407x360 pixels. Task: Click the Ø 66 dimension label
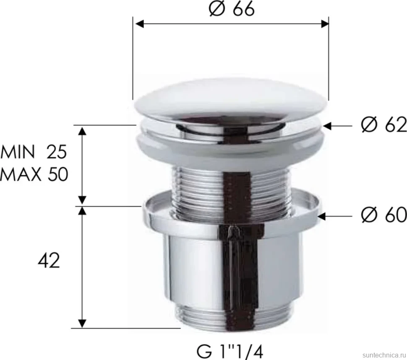(x=232, y=9)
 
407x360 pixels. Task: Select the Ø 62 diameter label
(x=384, y=125)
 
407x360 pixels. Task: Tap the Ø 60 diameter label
(x=384, y=215)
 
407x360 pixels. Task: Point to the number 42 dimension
(x=49, y=261)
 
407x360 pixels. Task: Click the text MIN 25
(x=34, y=152)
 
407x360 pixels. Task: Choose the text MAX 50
(x=34, y=174)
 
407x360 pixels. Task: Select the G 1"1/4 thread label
(x=230, y=352)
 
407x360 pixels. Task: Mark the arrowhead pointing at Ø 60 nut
(x=322, y=216)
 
